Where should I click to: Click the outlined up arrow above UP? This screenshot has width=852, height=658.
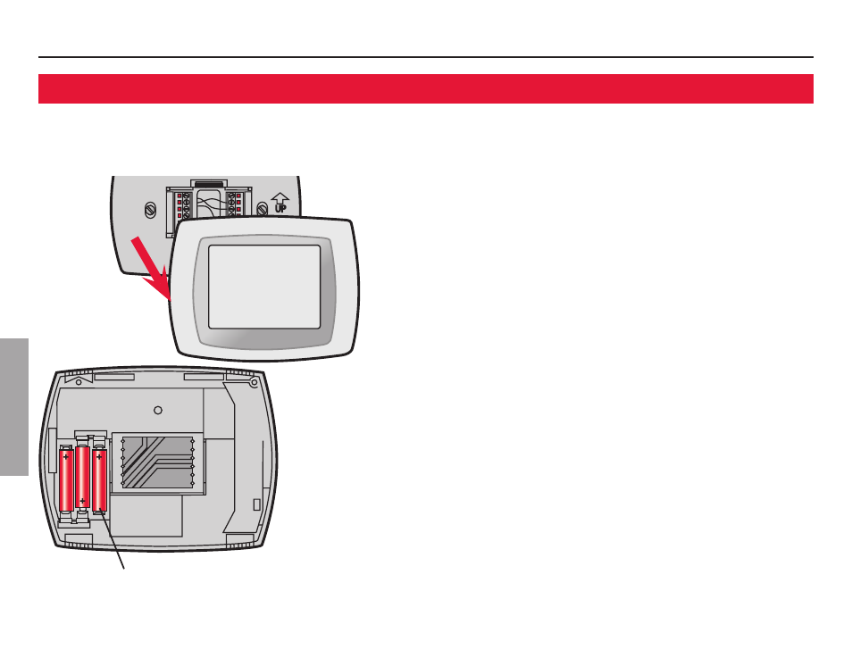tap(279, 199)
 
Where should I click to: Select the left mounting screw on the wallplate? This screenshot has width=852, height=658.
tap(150, 212)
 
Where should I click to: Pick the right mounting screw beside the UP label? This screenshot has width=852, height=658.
tap(262, 210)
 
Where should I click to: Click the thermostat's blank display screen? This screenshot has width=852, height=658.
tap(263, 287)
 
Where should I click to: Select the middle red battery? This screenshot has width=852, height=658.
tap(82, 478)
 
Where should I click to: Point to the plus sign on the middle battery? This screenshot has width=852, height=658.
tap(82, 501)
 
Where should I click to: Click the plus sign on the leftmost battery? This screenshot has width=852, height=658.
tap(66, 457)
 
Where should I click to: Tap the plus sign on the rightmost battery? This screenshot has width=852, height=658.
tap(98, 457)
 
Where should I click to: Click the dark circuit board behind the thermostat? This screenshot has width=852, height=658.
tap(156, 462)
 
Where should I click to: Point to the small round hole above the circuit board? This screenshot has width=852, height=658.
tap(157, 410)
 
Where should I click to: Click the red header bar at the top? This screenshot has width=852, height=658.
tap(425, 89)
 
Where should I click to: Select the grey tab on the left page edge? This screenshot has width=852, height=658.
tap(14, 406)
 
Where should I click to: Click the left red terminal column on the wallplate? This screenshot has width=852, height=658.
tap(180, 206)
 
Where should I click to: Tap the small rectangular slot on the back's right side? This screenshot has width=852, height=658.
tap(257, 504)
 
